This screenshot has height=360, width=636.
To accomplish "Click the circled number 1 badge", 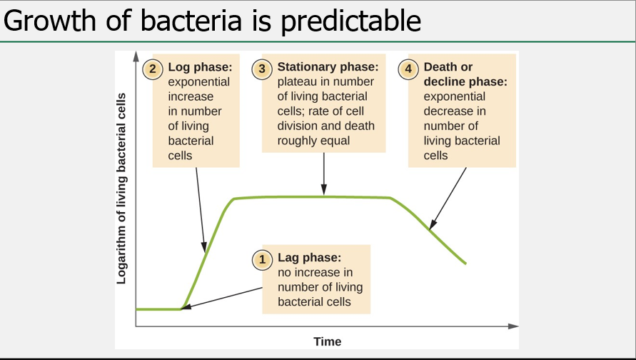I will click(x=263, y=260).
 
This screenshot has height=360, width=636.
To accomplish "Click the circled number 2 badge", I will click(x=153, y=69).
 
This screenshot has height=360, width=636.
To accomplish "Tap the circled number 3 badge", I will click(x=262, y=69).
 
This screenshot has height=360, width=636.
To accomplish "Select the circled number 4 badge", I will click(x=408, y=69).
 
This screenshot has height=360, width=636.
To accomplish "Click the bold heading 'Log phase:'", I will click(x=200, y=67).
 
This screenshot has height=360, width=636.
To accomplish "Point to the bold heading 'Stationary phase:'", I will click(x=328, y=67).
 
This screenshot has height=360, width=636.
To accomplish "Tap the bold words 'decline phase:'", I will click(x=465, y=82).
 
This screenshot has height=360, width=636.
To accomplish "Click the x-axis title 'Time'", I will click(x=327, y=341).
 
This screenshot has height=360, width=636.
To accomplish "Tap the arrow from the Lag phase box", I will click(x=221, y=298).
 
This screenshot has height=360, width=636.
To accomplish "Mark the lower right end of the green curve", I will click(x=465, y=263).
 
